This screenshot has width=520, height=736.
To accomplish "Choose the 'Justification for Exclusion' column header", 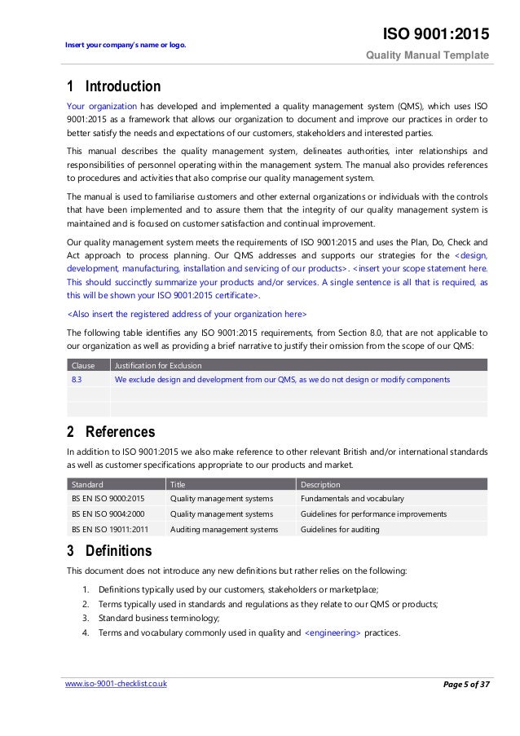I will [159, 365].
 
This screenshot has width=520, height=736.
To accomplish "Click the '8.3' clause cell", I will [77, 379].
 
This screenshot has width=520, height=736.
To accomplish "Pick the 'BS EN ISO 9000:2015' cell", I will [108, 498].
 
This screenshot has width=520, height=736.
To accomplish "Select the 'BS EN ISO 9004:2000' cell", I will [108, 513].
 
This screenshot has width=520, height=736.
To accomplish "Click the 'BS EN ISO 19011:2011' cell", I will [110, 529].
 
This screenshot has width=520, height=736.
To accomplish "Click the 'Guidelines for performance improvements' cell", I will [373, 513].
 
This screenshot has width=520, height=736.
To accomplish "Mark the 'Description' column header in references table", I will [320, 484].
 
